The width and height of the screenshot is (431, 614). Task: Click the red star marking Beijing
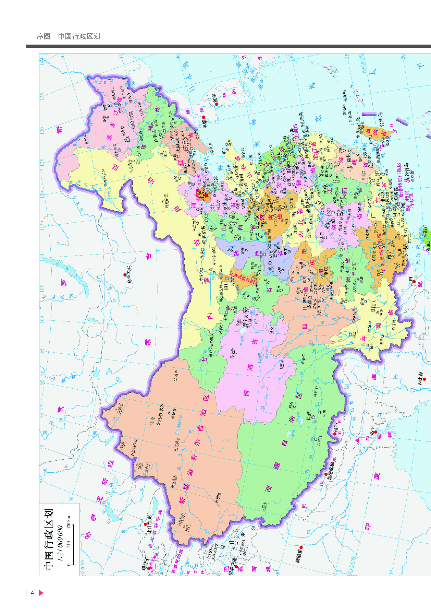point(206,194)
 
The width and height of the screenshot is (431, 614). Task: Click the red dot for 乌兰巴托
point(125,275)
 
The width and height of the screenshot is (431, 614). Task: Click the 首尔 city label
point(215,98)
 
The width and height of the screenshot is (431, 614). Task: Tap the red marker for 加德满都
point(326,474)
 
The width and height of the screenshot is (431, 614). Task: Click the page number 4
point(32,593)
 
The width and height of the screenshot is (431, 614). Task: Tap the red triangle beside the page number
point(41,593)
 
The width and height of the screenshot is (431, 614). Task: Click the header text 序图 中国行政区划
point(69,36)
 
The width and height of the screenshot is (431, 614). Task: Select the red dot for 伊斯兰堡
point(236,567)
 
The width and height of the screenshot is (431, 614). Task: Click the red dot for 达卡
point(375,432)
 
